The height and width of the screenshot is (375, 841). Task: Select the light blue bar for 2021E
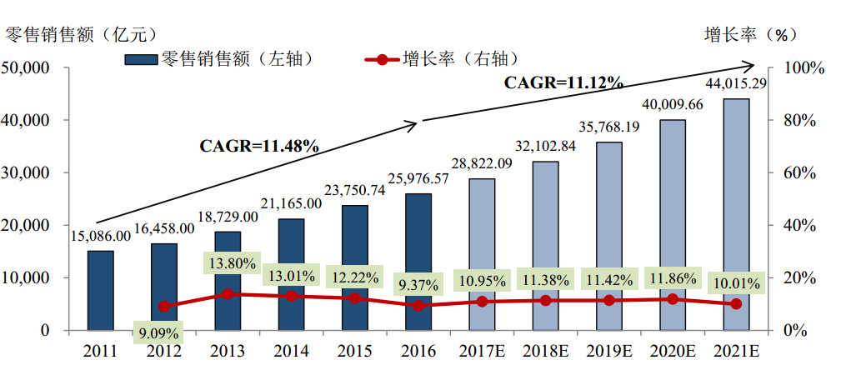tap(735, 214)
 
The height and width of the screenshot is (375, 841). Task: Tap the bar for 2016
tap(418, 262)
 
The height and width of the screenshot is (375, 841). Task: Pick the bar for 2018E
tap(545, 246)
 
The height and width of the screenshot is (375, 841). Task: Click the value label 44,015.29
tap(735, 83)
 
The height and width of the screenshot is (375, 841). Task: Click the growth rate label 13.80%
tap(229, 262)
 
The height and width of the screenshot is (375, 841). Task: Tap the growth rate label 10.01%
tap(735, 283)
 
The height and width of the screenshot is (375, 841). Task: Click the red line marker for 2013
tap(228, 294)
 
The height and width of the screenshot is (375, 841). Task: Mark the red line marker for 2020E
tap(672, 298)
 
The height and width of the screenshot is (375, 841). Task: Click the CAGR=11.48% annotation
tap(259, 145)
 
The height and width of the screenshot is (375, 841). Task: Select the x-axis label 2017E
tap(481, 351)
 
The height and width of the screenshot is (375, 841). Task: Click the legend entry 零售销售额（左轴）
tap(223, 58)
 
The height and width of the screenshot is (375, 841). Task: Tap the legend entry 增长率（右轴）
tap(446, 58)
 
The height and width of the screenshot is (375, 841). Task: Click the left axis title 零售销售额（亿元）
tap(80, 34)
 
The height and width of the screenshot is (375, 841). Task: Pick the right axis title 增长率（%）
tap(750, 34)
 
